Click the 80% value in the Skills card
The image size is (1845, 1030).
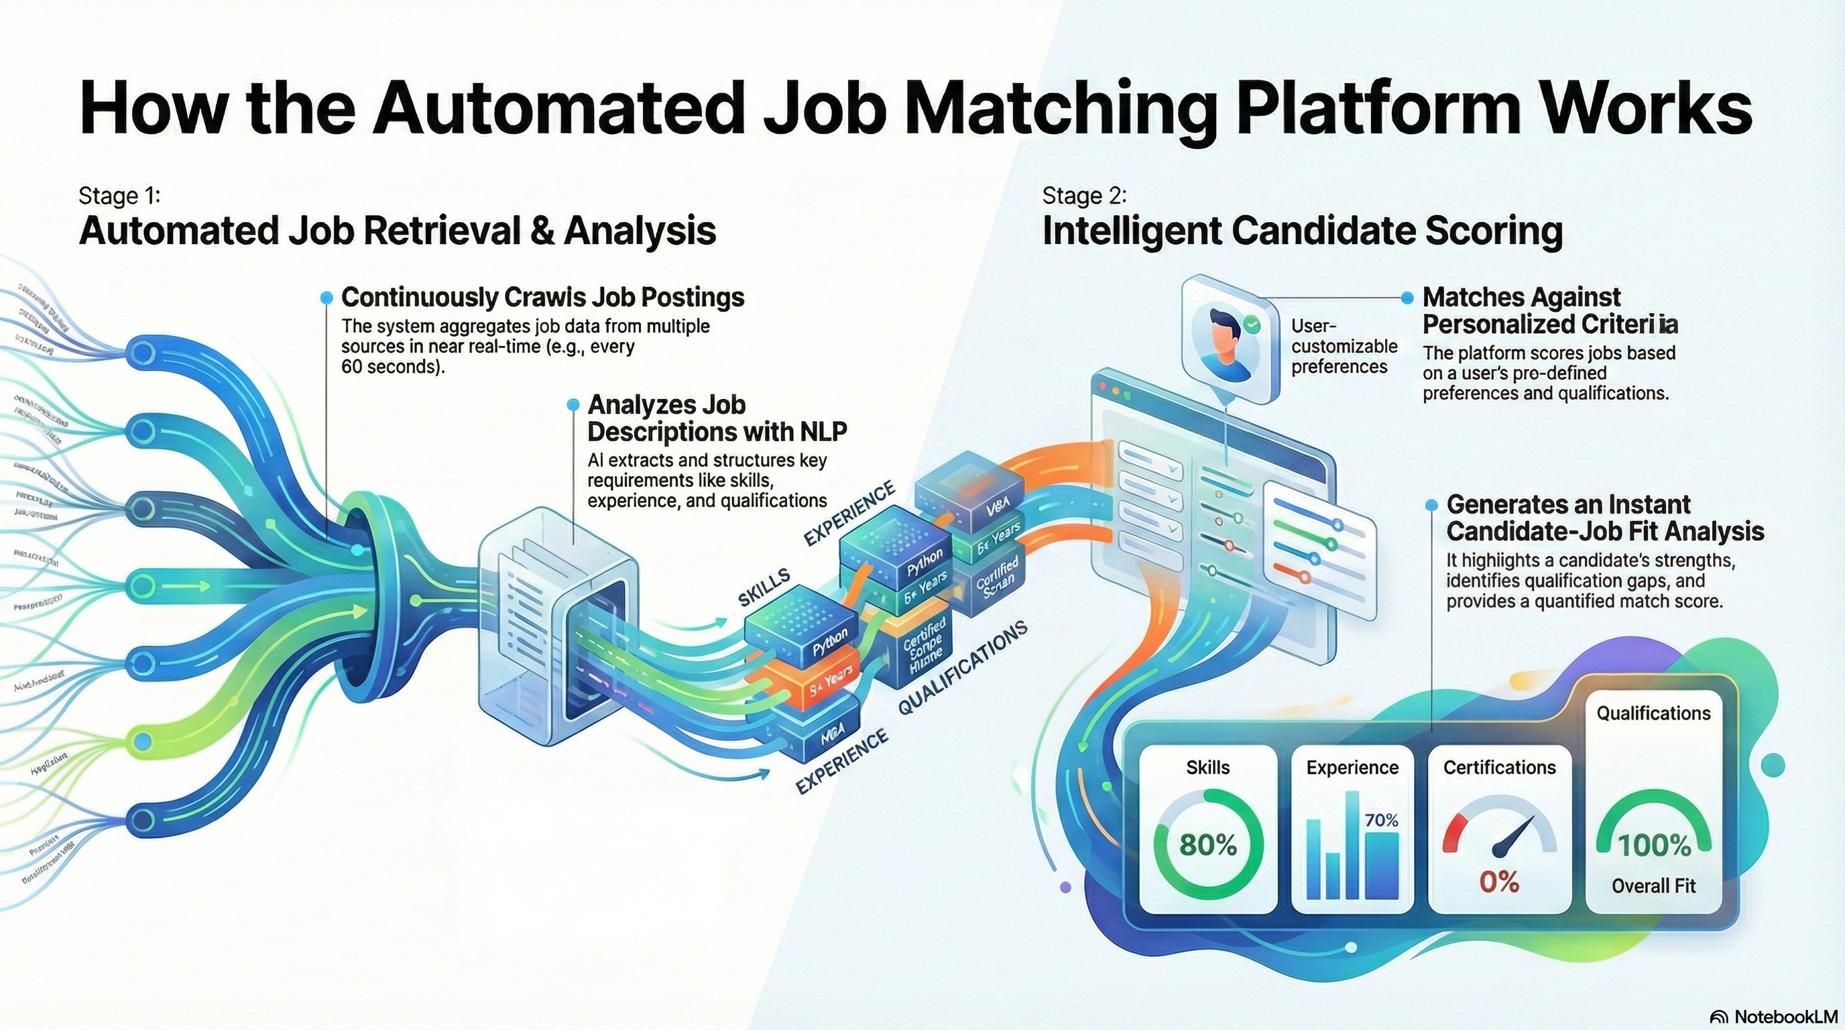[x=1207, y=845]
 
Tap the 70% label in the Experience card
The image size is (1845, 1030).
[x=1381, y=820]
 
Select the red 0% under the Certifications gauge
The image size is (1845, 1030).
[x=1498, y=882]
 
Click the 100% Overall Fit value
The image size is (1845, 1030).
[x=1654, y=846]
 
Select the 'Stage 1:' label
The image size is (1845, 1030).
[x=119, y=196]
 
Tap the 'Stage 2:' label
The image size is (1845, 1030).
[x=1084, y=196]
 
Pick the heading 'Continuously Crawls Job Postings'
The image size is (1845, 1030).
[x=542, y=297]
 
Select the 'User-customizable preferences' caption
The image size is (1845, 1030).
[x=1344, y=347]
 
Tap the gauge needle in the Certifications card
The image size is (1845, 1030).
[x=1512, y=836]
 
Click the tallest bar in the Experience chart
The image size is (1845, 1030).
[x=1352, y=844]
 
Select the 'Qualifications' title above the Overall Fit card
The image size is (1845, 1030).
[x=1653, y=713]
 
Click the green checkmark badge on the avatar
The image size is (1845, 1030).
[x=1251, y=325]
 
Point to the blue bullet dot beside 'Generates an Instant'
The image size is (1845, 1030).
[x=1431, y=506]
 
